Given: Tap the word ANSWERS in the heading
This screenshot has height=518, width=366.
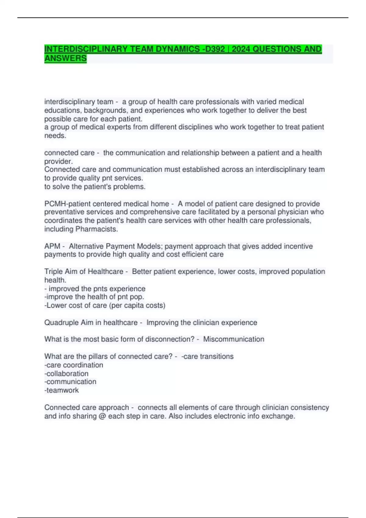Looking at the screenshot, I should coord(66,59).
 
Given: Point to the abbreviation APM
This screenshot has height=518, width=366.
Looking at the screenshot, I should coord(52,246).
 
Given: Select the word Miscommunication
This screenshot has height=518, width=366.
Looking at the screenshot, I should coord(234,339).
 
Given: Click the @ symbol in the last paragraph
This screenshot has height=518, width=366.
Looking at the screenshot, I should coord(102,416).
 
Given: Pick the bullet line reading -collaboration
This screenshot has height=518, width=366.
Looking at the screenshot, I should coord(66,374).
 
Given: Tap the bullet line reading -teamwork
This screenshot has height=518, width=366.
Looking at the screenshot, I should coord(62,390).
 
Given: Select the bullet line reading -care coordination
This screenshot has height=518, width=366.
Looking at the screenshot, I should coord(74,365).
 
